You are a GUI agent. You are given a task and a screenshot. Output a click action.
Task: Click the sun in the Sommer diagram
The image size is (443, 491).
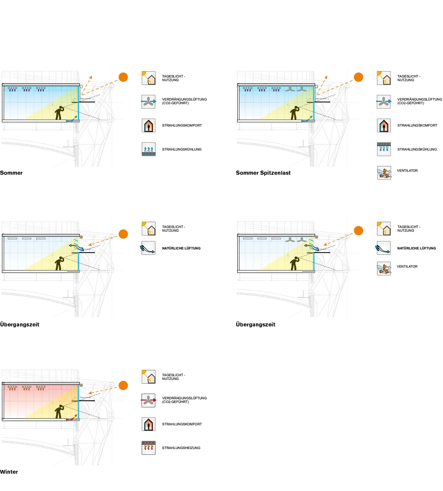tap(123, 77)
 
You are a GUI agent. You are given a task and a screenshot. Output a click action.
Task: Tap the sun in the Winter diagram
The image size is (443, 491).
tap(123, 385)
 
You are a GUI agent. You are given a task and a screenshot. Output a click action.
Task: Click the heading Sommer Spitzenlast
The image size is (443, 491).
tap(263, 173)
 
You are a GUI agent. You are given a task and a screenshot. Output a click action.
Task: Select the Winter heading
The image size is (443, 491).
tap(9, 472)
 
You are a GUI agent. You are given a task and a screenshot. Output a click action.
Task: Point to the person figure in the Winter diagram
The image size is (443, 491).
tap(59, 411)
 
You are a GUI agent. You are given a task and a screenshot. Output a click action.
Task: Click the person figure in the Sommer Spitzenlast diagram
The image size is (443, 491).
tap(294, 113)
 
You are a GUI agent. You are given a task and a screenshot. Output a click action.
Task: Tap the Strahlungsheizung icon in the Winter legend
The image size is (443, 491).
tap(149, 448)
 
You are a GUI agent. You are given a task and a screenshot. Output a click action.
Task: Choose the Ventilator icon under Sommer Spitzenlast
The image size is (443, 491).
tap(384, 173)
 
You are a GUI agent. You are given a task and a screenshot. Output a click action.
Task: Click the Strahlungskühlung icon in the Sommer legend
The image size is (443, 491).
tap(149, 149)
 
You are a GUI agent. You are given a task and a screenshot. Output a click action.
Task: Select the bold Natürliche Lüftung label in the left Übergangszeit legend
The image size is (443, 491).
tap(181, 248)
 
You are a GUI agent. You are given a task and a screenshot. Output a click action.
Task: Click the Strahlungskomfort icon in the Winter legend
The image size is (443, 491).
tap(149, 424)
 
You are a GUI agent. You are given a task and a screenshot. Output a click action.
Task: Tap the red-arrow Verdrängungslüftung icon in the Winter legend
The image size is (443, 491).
tap(149, 400)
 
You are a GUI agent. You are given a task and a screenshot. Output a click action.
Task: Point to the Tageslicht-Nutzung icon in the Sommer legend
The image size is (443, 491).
tap(149, 78)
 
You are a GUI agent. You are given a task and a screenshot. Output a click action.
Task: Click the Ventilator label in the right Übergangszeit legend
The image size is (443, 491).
tap(407, 266)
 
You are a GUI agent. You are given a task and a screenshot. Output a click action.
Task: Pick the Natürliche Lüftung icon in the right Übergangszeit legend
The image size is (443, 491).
tap(383, 248)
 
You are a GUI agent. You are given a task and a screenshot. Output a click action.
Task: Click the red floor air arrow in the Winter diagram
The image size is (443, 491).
tap(72, 417)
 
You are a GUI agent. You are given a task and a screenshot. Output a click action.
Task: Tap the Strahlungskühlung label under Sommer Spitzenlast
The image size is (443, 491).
tap(417, 149)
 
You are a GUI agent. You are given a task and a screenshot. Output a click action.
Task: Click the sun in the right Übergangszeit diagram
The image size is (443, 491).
tap(358, 231)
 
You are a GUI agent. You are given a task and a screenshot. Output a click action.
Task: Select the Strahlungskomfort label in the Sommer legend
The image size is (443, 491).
tap(182, 125)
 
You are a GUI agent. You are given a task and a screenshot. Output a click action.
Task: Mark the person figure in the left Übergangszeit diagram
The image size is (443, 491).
tap(59, 263)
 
